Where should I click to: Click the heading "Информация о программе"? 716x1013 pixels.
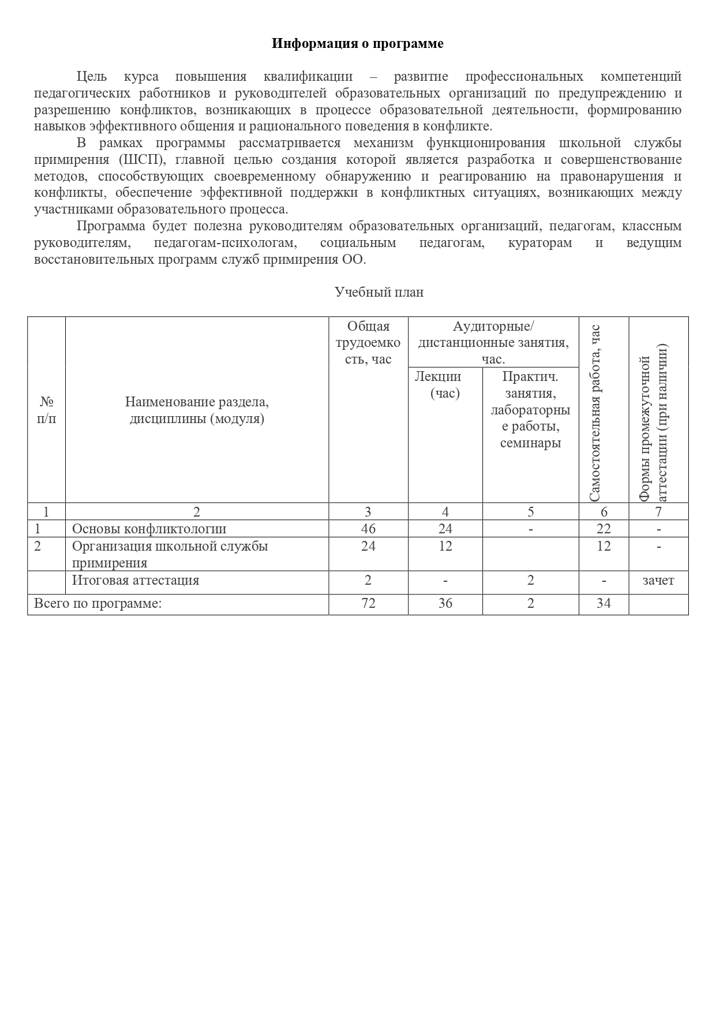[358, 44]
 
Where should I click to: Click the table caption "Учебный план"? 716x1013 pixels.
[379, 292]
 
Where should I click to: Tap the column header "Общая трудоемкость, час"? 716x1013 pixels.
[368, 343]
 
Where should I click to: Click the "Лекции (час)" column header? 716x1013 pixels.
[445, 385]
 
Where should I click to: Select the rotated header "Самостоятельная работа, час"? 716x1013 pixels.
[595, 413]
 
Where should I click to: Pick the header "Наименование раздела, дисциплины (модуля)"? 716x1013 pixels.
[197, 410]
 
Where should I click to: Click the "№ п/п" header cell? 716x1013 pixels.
[47, 410]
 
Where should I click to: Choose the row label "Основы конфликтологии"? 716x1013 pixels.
[149, 529]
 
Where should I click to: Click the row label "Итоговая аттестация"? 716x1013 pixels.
[136, 581]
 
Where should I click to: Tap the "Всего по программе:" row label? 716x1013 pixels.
[98, 604]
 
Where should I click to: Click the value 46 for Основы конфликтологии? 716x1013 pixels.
[368, 529]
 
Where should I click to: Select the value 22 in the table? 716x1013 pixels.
[603, 529]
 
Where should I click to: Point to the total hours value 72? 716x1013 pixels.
[368, 604]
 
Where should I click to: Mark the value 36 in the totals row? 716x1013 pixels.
[445, 604]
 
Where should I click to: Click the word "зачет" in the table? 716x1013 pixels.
[658, 581]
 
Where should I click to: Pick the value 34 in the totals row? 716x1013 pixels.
[603, 604]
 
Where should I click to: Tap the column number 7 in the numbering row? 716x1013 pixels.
[658, 511]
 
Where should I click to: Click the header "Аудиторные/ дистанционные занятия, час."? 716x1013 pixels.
[493, 343]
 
